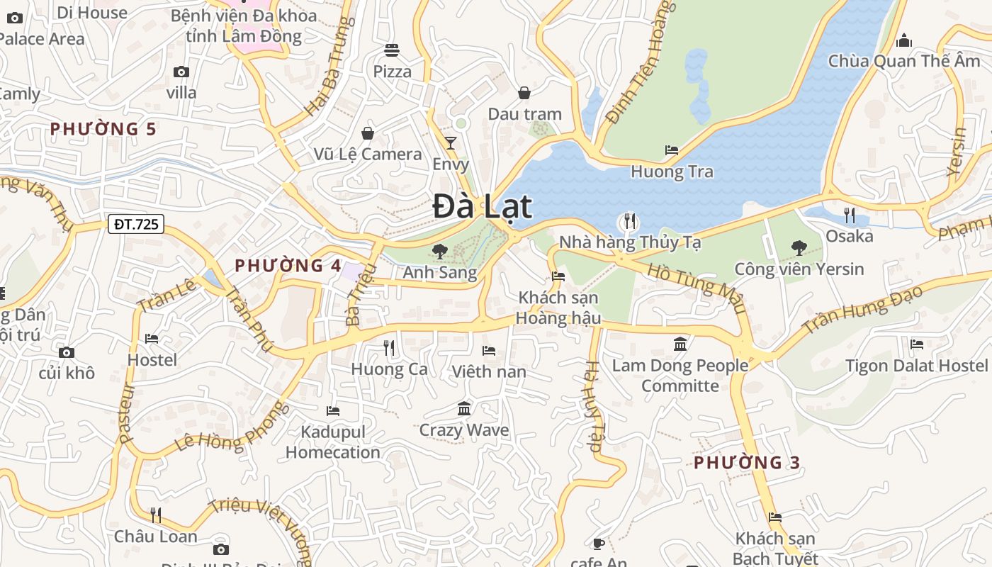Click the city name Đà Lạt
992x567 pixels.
click(483, 207)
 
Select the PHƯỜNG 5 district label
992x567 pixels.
click(103, 129)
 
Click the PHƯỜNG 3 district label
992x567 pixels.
click(747, 463)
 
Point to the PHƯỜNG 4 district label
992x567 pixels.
click(288, 266)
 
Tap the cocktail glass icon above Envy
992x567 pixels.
click(451, 143)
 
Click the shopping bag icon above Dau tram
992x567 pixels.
click(524, 93)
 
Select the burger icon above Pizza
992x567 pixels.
click(392, 50)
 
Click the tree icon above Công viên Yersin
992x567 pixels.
click(799, 248)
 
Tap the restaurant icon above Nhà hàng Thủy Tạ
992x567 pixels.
click(629, 221)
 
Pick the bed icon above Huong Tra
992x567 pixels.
click(672, 150)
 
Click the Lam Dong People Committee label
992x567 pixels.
click(680, 376)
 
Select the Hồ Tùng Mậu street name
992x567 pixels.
click(697, 288)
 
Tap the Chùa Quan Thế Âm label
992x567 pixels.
click(904, 61)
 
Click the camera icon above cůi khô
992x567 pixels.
click(67, 352)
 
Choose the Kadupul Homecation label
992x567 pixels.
click(333, 442)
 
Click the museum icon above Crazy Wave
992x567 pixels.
click(464, 408)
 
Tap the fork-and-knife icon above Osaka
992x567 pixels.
click(849, 215)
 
